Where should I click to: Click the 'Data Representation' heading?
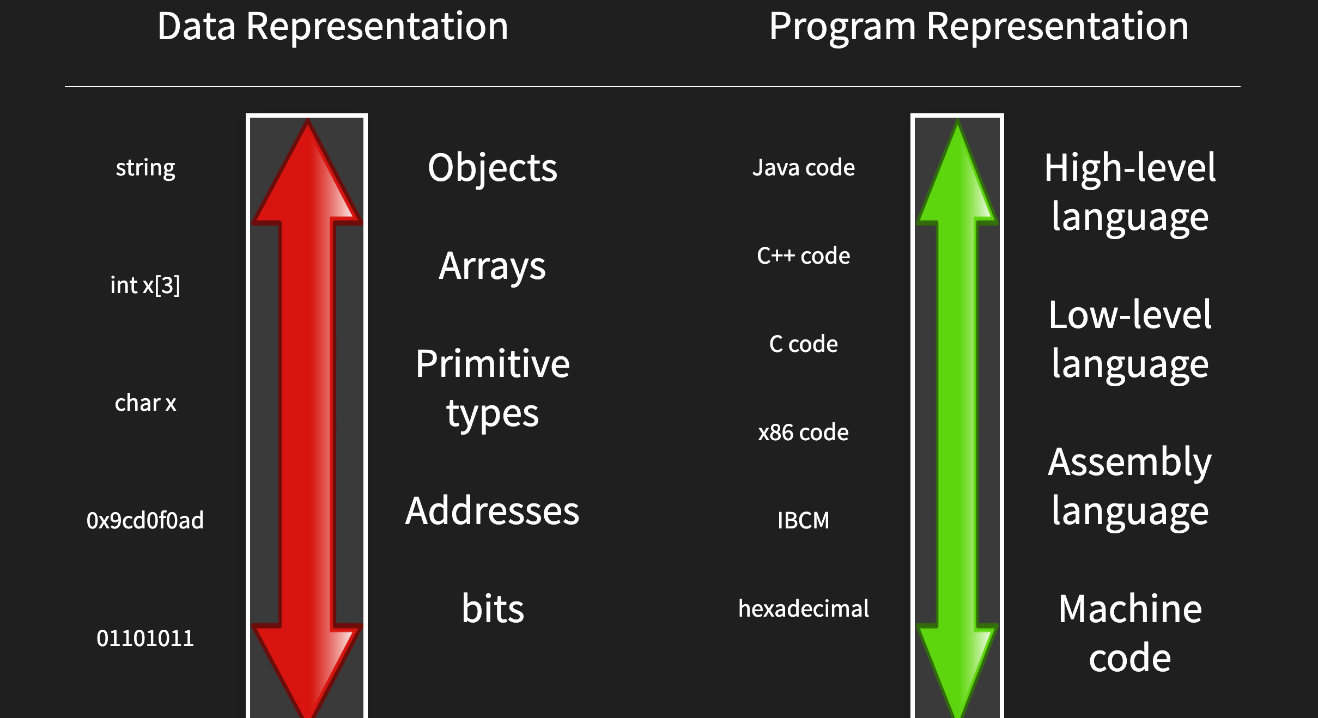(333, 27)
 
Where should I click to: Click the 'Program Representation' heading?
(979, 27)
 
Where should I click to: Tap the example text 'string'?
(145, 168)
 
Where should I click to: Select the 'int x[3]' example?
(145, 285)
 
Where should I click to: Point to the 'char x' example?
(145, 403)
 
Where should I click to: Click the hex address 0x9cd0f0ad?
(145, 520)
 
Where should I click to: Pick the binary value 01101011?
(145, 638)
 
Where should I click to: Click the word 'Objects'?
(493, 168)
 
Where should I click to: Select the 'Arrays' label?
(493, 266)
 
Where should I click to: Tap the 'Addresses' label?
(493, 511)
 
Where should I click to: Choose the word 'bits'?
(493, 608)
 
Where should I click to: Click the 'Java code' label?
(804, 168)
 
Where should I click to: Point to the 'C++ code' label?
(804, 255)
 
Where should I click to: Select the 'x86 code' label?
(804, 432)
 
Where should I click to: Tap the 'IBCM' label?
(804, 520)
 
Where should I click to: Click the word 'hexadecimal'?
(804, 608)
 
